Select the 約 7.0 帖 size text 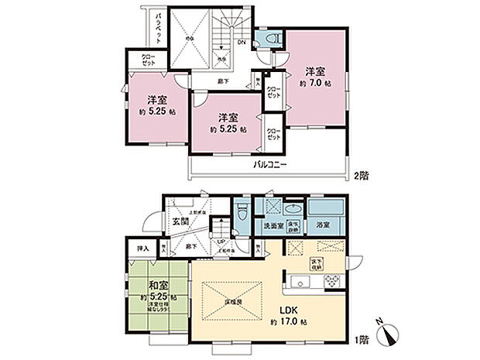pos(317,83)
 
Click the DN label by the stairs pos(242,43)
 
